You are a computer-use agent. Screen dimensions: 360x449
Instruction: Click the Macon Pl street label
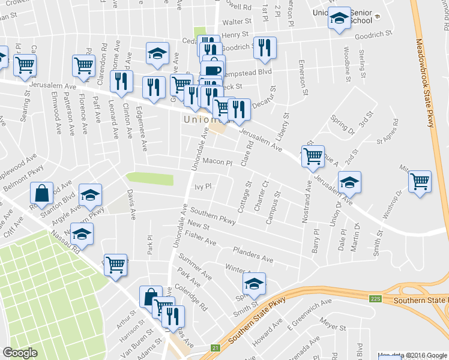(x=217, y=162)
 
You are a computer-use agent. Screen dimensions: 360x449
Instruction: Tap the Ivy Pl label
(x=203, y=187)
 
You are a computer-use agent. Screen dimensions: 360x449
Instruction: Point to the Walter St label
(x=235, y=22)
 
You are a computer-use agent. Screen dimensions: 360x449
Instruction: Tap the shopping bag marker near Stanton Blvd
(x=42, y=193)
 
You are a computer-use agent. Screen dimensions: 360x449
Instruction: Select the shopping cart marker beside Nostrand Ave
(x=313, y=157)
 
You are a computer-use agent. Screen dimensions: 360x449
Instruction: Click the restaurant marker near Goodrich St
(x=265, y=47)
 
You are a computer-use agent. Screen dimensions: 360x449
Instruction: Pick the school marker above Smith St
(x=254, y=283)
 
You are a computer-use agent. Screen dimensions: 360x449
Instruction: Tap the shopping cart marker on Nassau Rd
(x=116, y=264)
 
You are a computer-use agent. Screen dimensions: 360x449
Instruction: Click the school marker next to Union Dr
(x=349, y=181)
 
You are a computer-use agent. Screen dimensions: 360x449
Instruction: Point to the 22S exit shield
(x=376, y=298)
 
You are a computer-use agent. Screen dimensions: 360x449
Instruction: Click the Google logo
(x=20, y=353)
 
